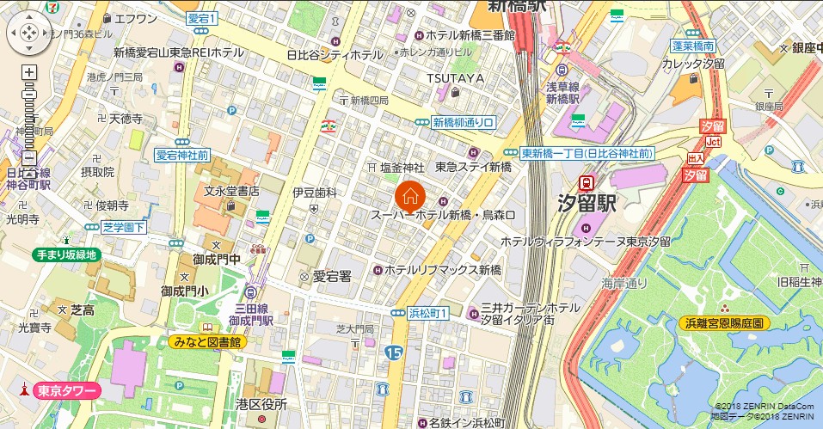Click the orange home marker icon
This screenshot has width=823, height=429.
410,195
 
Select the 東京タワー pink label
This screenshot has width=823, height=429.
65,389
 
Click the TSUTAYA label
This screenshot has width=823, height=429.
456,78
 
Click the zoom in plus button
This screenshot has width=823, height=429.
28,73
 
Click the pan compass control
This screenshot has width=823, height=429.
28,33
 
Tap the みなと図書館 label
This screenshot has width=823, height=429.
206,341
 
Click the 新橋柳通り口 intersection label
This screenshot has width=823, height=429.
464,122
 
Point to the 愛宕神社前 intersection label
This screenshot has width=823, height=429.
181,156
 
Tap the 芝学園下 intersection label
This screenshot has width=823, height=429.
124,227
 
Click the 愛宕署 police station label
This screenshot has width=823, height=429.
332,276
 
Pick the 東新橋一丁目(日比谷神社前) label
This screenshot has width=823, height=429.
587,152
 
